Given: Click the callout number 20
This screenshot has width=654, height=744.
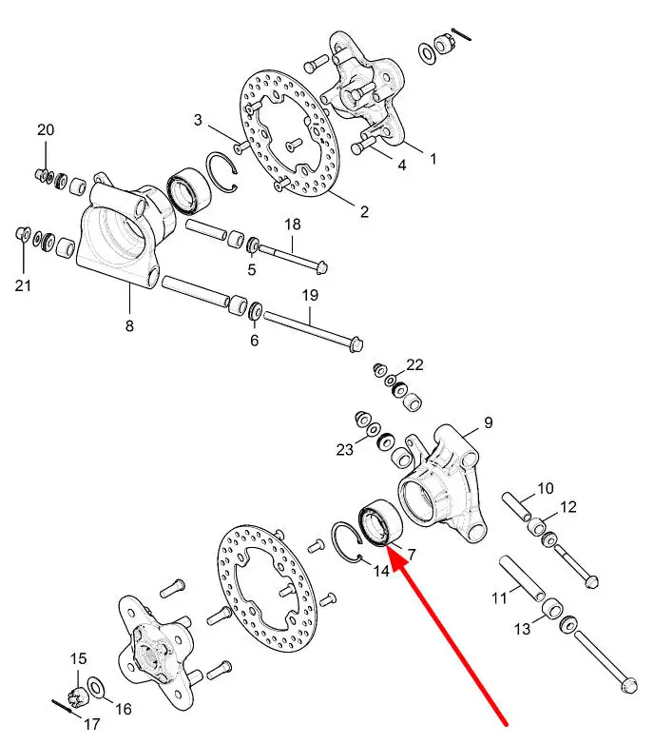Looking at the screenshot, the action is click(46, 129).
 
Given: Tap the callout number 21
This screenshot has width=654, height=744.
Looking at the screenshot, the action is click(23, 285).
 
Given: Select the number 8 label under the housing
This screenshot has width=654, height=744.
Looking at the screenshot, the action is click(129, 325).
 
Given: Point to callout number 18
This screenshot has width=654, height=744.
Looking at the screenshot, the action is click(293, 224).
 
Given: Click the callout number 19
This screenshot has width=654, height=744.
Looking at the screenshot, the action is click(310, 295).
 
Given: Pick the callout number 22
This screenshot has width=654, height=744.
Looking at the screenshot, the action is click(414, 364).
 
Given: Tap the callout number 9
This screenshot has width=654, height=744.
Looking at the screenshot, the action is click(489, 422).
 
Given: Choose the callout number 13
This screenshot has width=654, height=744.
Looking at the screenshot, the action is click(522, 629).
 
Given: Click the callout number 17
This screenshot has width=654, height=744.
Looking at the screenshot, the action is click(91, 724).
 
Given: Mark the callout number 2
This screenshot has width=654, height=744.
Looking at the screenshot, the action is click(364, 211).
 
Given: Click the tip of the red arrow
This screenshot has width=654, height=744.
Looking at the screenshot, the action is click(387, 546).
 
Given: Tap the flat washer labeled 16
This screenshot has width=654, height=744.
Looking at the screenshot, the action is click(97, 689).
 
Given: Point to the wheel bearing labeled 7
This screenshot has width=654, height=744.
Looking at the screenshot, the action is click(380, 523).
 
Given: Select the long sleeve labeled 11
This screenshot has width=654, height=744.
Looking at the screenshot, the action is click(522, 578).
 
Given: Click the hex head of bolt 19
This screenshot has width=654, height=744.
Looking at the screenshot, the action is click(356, 343).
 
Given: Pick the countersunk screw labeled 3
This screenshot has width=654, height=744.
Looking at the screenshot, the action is click(241, 147).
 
